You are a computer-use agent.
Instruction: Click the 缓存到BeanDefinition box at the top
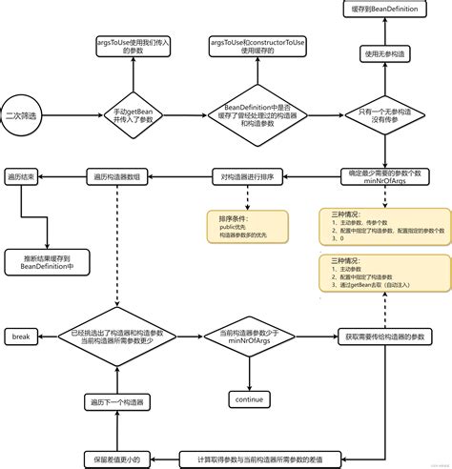386,10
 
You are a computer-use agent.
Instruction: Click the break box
22,336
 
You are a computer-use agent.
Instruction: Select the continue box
247,400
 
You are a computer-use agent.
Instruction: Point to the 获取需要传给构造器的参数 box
385,336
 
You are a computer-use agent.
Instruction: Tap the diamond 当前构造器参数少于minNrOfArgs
247,336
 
